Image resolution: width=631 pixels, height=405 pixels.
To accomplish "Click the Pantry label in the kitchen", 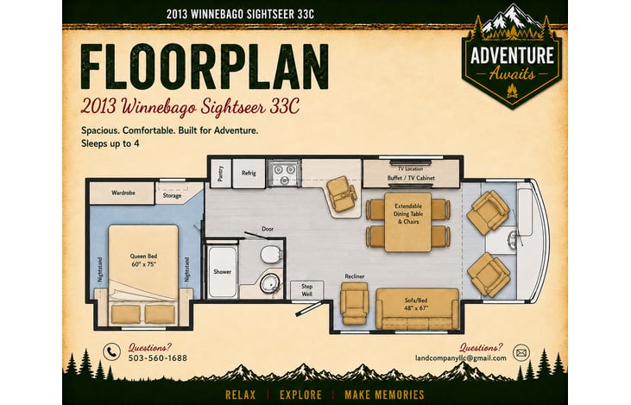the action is (220, 174).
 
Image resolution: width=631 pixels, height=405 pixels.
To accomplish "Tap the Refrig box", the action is (249, 174).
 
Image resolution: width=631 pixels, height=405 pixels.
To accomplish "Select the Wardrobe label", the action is (123, 193).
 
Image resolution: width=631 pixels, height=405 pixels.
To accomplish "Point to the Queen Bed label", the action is (143, 256).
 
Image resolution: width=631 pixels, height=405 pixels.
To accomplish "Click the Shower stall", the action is (222, 272).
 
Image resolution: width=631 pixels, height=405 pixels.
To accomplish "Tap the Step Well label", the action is (307, 290).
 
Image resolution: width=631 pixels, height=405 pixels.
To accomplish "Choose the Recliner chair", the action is (354, 302).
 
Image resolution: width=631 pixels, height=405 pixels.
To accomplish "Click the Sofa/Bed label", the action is (416, 301).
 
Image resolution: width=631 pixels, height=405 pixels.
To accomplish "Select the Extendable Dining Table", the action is (408, 222).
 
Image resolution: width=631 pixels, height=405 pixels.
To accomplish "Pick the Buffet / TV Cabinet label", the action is (411, 178).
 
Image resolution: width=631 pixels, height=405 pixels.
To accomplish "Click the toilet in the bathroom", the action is (271, 255).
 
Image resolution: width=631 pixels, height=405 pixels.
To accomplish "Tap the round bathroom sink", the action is (268, 282).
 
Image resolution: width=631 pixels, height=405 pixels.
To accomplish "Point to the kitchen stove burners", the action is (285, 174).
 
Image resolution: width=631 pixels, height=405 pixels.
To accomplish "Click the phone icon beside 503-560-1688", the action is (111, 351).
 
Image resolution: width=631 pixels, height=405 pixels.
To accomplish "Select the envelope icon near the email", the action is (521, 353).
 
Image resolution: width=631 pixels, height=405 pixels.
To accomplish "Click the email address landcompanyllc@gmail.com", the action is (461, 358).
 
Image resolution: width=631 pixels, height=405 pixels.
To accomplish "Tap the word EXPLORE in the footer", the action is (300, 395).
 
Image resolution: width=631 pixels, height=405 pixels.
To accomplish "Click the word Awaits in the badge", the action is (512, 74).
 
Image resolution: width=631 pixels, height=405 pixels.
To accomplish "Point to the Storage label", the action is (172, 196).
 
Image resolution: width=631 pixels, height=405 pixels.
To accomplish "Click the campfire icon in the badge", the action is (512, 92).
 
